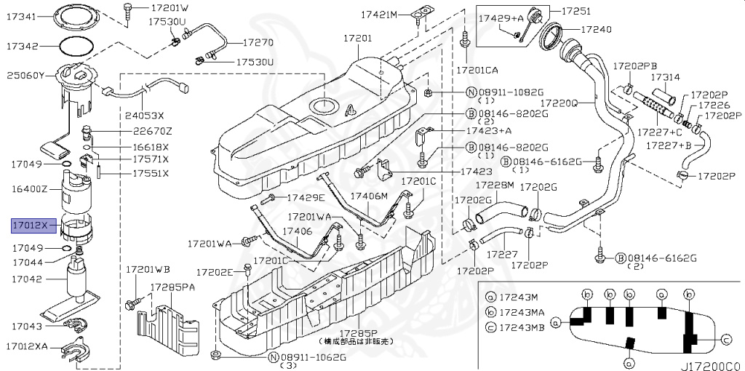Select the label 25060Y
click(x=26, y=75)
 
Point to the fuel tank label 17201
click(x=357, y=38)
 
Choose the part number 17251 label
click(x=576, y=11)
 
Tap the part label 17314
click(x=665, y=76)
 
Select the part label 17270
click(x=258, y=43)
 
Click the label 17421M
click(x=380, y=15)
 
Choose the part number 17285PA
click(x=173, y=287)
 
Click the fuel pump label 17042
click(x=26, y=278)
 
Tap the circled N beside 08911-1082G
click(x=471, y=93)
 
